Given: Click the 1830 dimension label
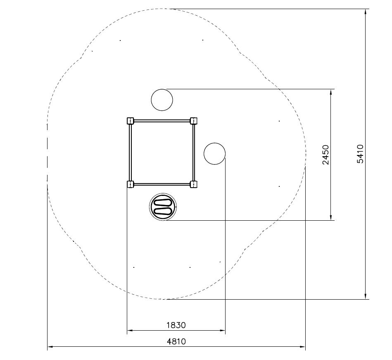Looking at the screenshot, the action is point(176,325).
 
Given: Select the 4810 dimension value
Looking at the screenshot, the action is point(176,341).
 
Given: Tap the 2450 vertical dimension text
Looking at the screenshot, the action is point(325,154).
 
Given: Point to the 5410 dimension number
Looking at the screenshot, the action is point(360,154).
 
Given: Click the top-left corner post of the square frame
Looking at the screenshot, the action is point(131,121).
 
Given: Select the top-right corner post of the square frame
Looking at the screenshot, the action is point(193,121).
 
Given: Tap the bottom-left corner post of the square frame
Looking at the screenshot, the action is point(131,184).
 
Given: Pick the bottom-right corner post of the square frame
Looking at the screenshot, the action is point(193,184).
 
